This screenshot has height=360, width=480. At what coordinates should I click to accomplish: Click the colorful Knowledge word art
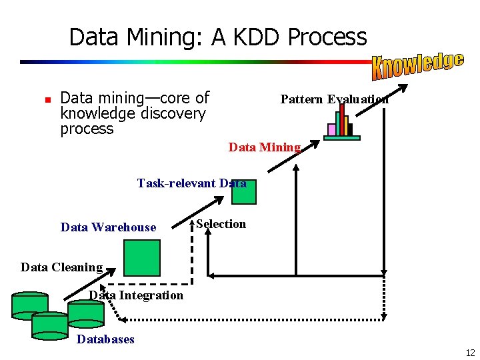point(417,64)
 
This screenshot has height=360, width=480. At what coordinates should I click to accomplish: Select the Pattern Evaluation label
point(334,99)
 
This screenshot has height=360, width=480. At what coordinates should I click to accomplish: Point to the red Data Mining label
point(265,147)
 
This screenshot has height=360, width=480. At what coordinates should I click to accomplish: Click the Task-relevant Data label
point(191,183)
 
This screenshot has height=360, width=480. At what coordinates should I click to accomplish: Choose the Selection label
point(221,224)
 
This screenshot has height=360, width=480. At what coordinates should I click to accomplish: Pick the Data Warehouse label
point(108,227)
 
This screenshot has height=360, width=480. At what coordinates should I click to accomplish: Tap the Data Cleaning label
point(61,267)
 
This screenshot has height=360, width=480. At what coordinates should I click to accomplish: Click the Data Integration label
point(136,295)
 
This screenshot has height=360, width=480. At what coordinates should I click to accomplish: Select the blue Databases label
point(105,339)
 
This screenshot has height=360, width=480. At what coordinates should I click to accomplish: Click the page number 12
point(470,353)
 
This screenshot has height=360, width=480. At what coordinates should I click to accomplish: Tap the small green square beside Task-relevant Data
point(244,192)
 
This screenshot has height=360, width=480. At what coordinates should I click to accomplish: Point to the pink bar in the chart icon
point(331,129)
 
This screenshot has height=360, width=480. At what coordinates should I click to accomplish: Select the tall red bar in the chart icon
point(342,119)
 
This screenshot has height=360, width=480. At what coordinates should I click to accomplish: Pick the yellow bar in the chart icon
point(346,125)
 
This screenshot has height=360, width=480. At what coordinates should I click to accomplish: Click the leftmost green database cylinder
point(30,304)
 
